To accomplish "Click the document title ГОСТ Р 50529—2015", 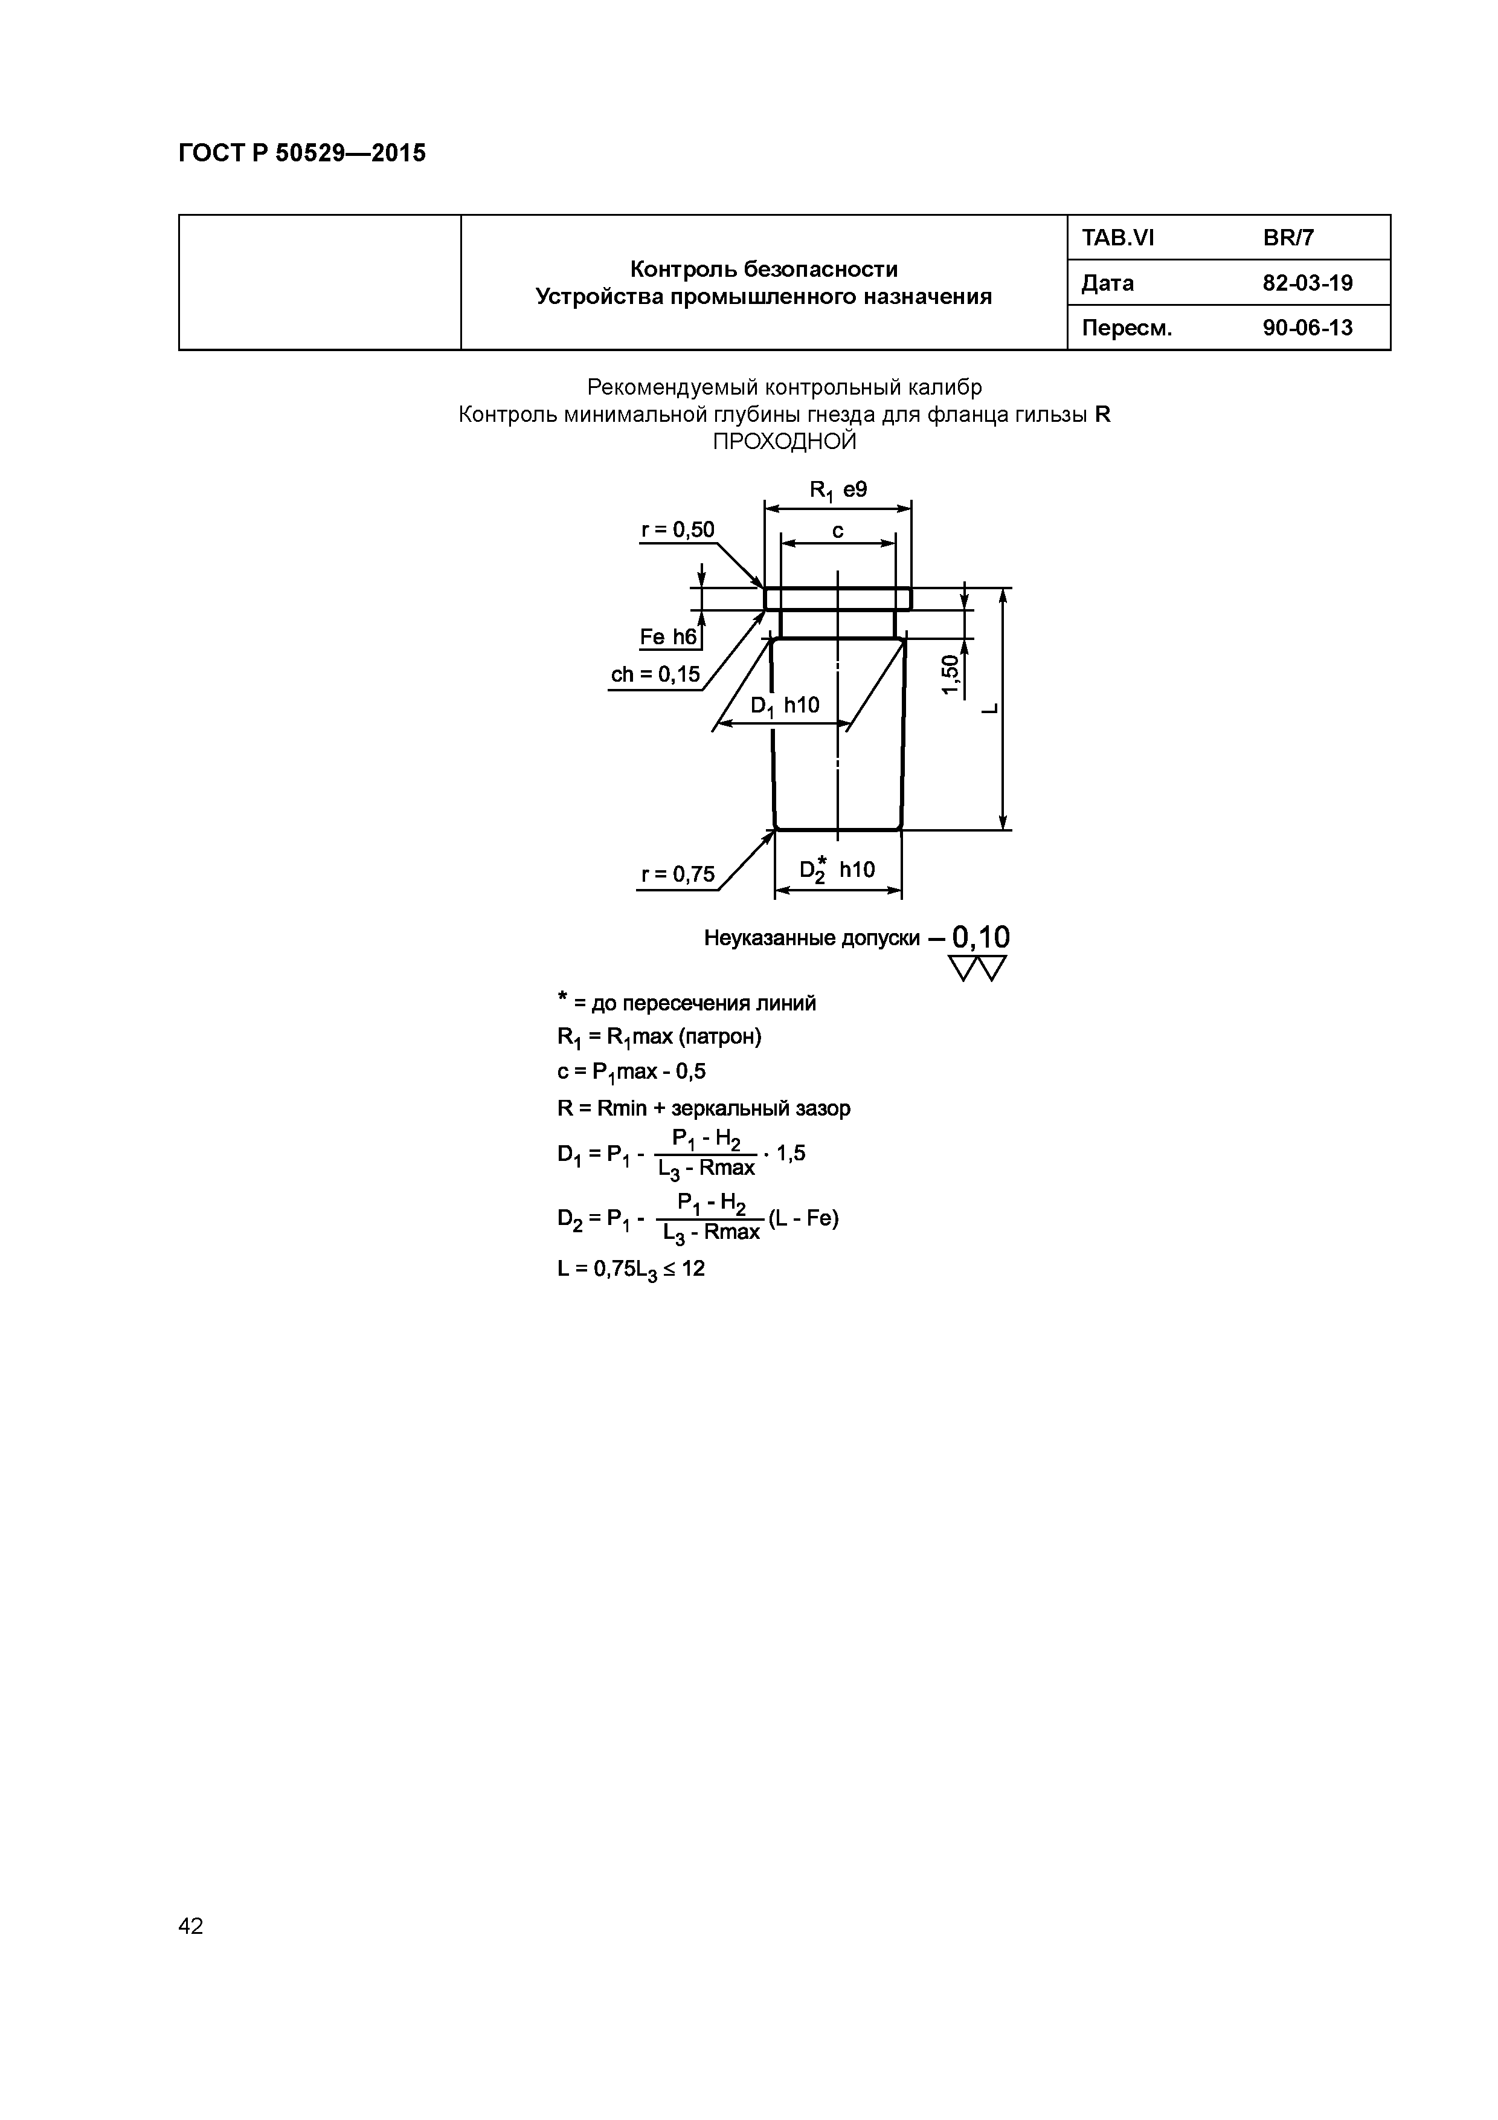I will (302, 154).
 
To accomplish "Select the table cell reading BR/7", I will (1288, 238).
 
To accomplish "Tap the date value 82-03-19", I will (1307, 283).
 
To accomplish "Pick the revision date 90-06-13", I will (1307, 328).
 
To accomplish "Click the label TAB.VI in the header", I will (1117, 238).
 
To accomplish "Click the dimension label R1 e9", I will (837, 490).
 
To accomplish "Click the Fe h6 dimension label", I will (668, 637).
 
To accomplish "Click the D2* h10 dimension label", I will (836, 870).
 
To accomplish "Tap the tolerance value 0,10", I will (980, 937).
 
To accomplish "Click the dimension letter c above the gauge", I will (837, 531).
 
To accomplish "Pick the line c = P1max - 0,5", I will (631, 1072).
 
